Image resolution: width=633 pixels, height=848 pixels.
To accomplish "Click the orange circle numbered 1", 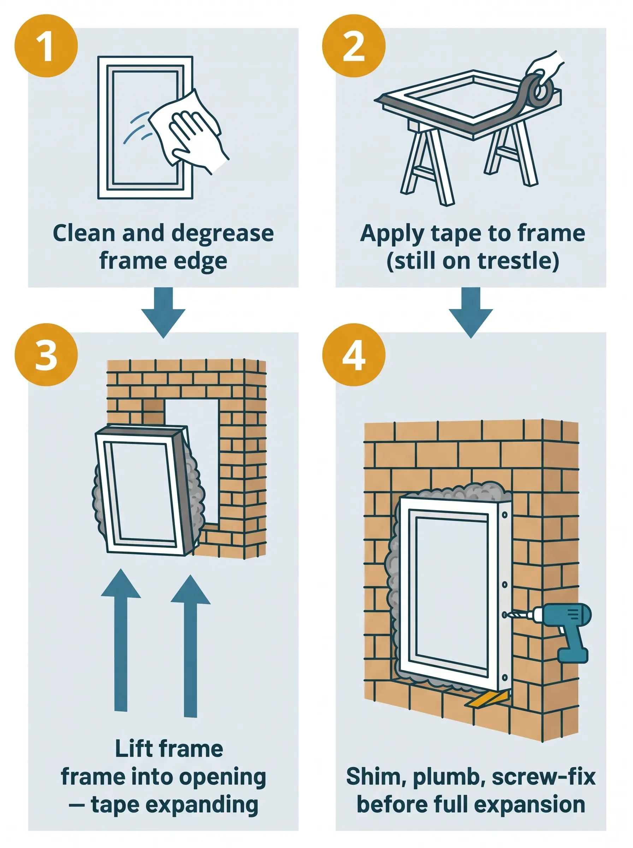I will (46, 46).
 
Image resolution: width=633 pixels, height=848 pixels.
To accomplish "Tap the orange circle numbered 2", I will (353, 46).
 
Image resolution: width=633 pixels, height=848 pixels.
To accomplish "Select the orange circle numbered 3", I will (46, 354).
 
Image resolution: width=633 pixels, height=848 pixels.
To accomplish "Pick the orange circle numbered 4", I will (353, 354).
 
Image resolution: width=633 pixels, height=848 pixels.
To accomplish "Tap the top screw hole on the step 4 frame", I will (505, 516).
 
